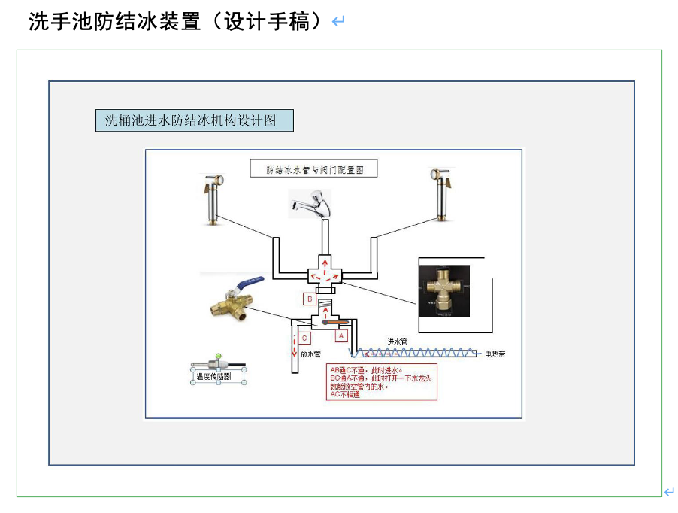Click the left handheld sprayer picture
click(213, 199)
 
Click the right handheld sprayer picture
click(442, 195)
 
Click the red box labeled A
click(341, 336)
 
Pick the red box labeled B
click(309, 299)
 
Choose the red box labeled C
click(304, 338)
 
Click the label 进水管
click(398, 341)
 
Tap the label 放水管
click(311, 354)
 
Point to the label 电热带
click(495, 354)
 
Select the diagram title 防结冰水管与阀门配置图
click(314, 170)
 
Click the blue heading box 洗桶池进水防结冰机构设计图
click(194, 120)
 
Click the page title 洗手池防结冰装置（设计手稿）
click(180, 22)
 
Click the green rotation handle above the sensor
click(218, 356)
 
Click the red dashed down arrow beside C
click(294, 351)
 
